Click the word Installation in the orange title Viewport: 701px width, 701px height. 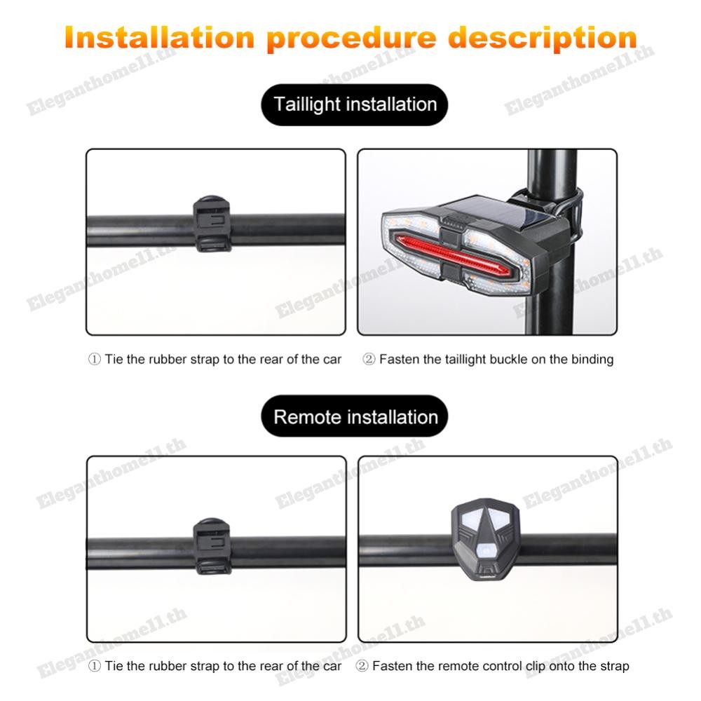point(160,38)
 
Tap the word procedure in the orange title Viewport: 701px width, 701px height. point(351,39)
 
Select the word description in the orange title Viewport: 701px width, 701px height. point(543,39)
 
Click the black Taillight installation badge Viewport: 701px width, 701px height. point(355,104)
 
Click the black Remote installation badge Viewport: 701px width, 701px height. point(355,416)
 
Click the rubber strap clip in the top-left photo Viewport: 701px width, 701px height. point(212,224)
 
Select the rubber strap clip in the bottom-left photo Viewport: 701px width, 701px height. point(212,546)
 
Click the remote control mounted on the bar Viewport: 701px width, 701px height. point(486,539)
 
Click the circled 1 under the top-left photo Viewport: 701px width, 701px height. point(95,359)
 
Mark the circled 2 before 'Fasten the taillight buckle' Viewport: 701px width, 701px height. point(369,359)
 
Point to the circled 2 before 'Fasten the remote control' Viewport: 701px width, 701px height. point(362,666)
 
